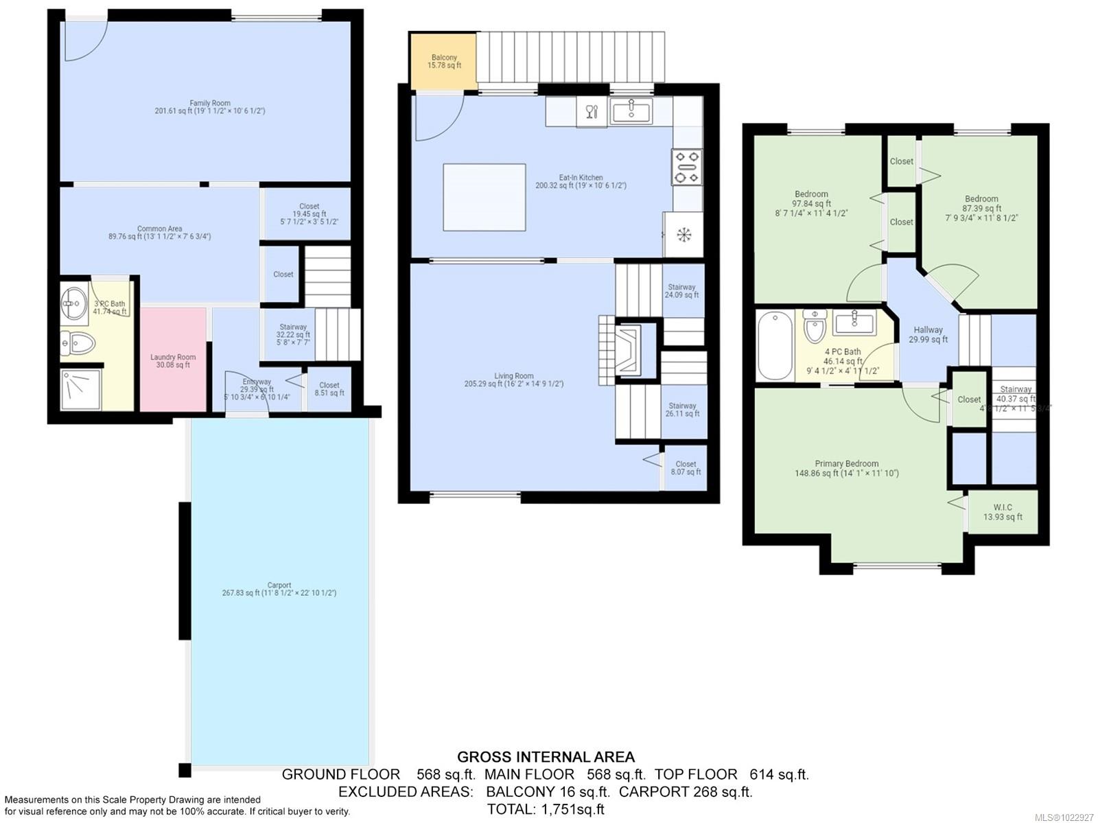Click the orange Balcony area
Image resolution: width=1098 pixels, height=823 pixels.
[443, 62]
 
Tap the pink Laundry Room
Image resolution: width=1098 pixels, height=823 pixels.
[173, 360]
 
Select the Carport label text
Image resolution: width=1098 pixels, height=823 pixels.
[279, 586]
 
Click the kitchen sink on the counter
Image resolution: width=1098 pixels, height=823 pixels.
[631, 111]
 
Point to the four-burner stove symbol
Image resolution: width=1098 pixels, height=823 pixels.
[686, 167]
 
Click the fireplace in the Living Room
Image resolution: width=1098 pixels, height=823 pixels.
[629, 350]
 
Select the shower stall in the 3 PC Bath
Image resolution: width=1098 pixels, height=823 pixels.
[80, 389]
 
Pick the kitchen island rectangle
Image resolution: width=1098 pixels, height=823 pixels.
[484, 197]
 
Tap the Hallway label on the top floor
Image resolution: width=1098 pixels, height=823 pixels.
[928, 329]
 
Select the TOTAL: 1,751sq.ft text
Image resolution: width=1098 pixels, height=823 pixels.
[546, 809]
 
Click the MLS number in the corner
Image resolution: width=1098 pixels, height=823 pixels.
[1064, 817]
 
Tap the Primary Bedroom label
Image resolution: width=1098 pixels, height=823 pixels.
[846, 463]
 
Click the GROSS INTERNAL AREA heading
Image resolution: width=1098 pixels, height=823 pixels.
[546, 757]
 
